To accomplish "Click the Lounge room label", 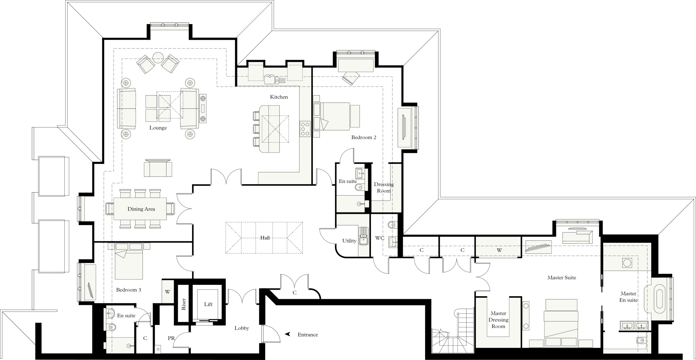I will [x=158, y=128].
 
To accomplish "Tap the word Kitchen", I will [x=279, y=97].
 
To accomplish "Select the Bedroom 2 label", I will [x=364, y=137].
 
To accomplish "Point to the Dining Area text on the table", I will [x=141, y=209].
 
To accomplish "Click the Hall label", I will [x=265, y=238].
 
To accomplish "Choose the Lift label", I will [x=208, y=304].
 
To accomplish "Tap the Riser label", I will [x=184, y=304].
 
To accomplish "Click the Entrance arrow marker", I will [x=288, y=334].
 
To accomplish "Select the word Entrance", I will [x=308, y=335].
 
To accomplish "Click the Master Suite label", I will [x=561, y=277].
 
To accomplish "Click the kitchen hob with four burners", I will [x=305, y=129].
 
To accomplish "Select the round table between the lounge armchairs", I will [x=158, y=57].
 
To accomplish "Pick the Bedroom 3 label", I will [x=128, y=290].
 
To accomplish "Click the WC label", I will [x=380, y=238].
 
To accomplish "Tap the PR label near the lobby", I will [x=171, y=338].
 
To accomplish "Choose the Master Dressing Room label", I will [x=498, y=320].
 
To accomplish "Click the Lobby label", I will [x=242, y=328].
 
